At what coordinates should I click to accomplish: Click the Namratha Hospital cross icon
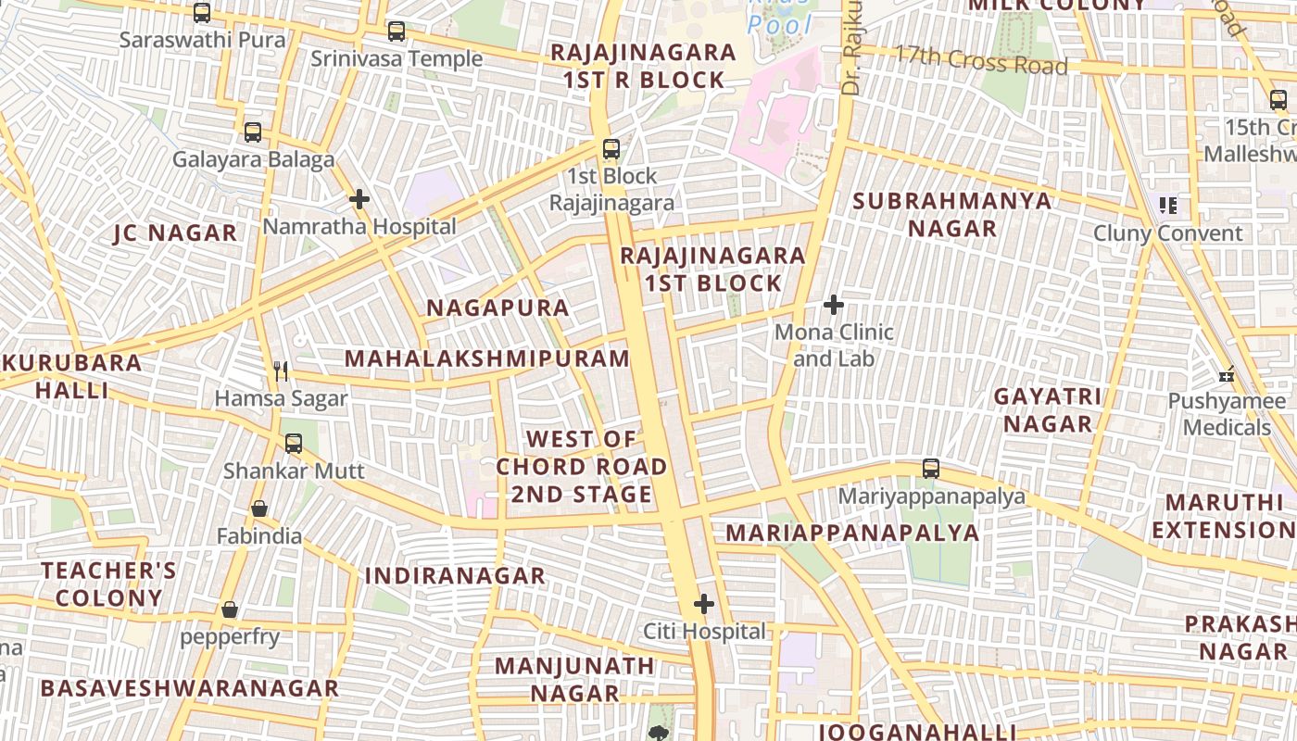[x=359, y=199]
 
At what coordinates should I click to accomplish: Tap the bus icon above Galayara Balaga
[x=253, y=132]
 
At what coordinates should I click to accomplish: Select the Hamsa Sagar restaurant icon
[x=282, y=371]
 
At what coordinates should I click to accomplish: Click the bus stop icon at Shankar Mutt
[x=294, y=444]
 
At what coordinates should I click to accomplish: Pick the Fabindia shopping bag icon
[x=259, y=509]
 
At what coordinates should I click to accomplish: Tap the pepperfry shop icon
[x=230, y=609]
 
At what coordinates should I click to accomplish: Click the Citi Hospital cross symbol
[x=704, y=605]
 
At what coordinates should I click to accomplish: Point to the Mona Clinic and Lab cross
[x=834, y=304]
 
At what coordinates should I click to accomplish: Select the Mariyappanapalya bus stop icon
[x=931, y=469]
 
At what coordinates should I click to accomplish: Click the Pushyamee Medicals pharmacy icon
[x=1227, y=375]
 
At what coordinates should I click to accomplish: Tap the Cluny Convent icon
[x=1167, y=206]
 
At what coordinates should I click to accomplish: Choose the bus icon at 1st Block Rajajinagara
[x=611, y=148]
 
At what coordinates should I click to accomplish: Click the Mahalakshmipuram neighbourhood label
[x=486, y=358]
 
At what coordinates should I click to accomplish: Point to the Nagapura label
[x=497, y=308]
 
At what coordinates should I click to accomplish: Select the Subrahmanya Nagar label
[x=951, y=214]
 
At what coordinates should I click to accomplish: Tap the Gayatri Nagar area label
[x=1048, y=410]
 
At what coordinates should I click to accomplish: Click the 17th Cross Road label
[x=980, y=61]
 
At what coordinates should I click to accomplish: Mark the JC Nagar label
[x=175, y=232]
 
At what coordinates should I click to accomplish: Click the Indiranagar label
[x=455, y=575]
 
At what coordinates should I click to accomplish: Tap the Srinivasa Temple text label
[x=397, y=59]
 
